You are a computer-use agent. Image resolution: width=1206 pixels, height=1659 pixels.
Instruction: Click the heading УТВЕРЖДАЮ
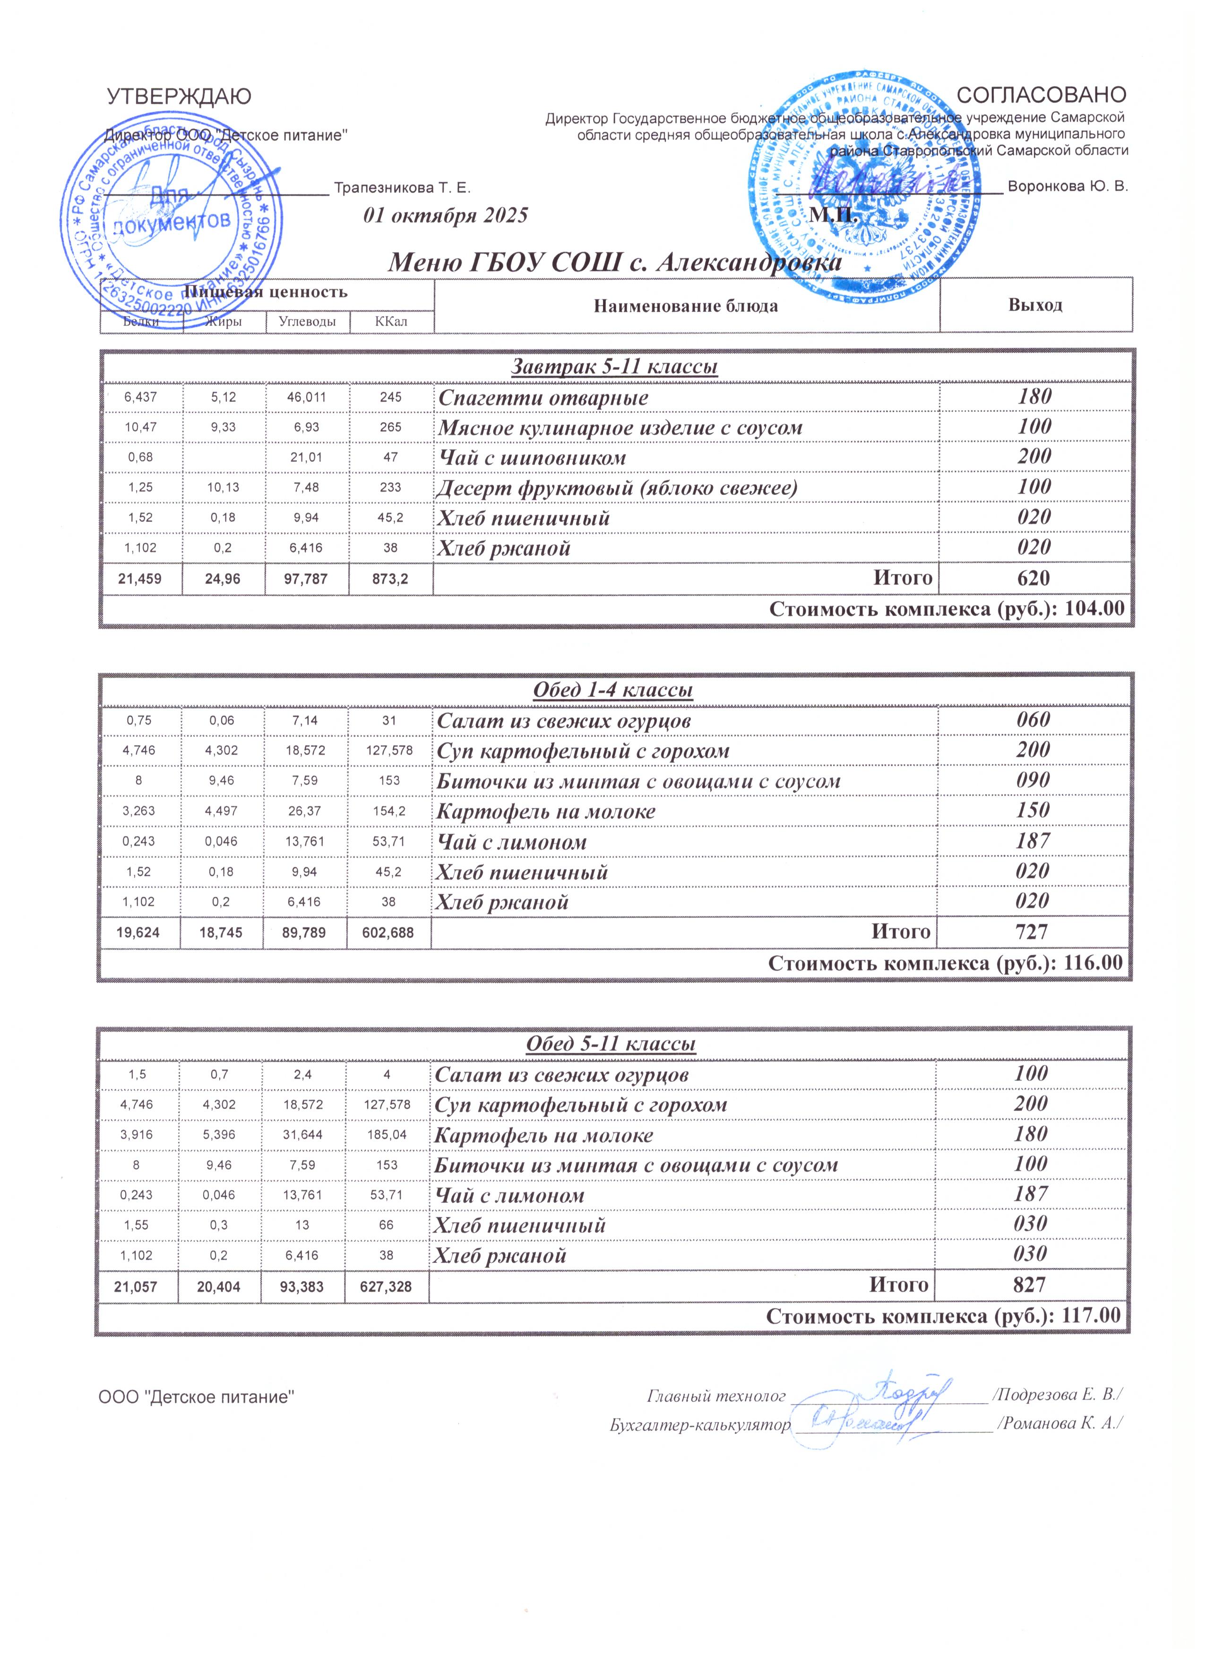pos(179,96)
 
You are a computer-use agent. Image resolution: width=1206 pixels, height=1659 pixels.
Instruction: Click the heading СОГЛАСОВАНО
pos(1042,95)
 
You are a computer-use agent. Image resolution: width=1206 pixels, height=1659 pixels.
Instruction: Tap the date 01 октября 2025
pos(445,216)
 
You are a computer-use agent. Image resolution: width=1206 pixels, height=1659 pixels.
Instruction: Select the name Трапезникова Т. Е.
pos(402,188)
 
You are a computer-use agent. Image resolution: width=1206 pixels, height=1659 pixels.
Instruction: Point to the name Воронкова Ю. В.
pos(1068,186)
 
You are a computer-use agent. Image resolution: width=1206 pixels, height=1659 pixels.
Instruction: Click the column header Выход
pos(1035,305)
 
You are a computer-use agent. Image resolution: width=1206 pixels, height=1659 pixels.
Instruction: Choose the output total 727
pos(1032,932)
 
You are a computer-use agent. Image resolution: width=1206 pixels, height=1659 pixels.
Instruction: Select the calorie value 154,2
pos(389,811)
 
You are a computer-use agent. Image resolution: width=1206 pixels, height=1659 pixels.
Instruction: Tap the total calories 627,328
pos(386,1286)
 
